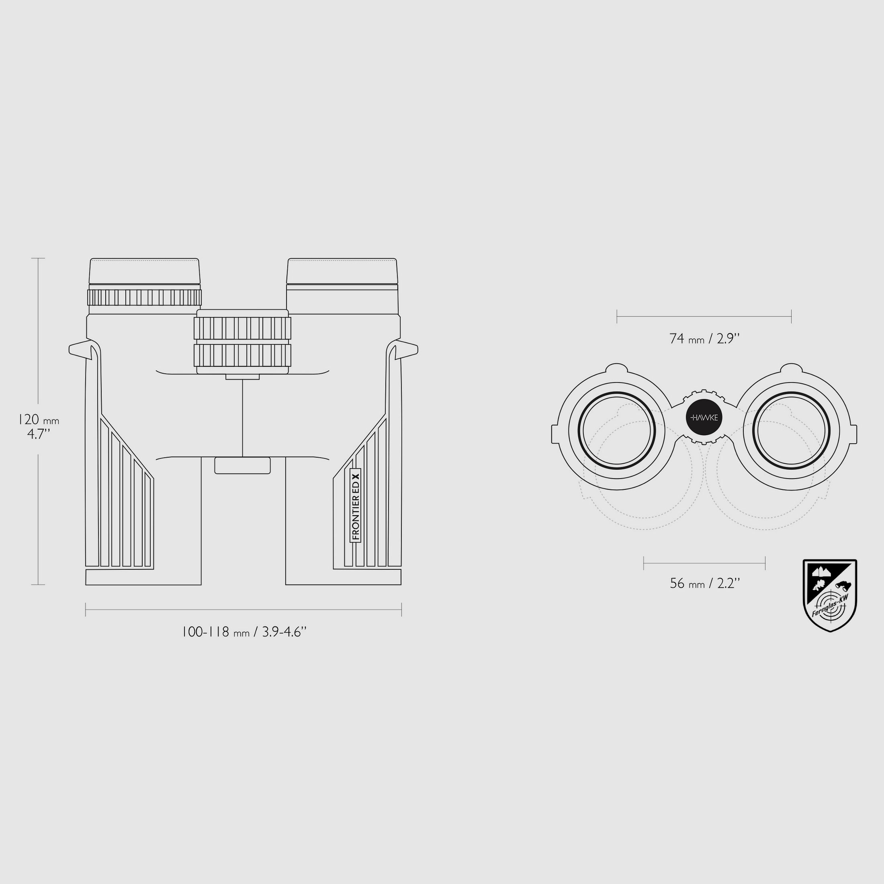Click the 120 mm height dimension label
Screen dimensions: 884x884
click(x=39, y=426)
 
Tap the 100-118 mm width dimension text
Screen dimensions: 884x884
click(x=244, y=632)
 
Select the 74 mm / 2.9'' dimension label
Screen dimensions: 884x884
click(x=704, y=339)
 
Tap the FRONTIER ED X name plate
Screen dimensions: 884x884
click(x=356, y=505)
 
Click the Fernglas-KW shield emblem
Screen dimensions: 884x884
click(x=830, y=595)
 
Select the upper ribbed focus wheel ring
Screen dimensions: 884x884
click(x=243, y=327)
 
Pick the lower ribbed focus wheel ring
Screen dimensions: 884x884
click(x=243, y=355)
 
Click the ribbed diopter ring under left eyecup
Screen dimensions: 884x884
click(x=145, y=297)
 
